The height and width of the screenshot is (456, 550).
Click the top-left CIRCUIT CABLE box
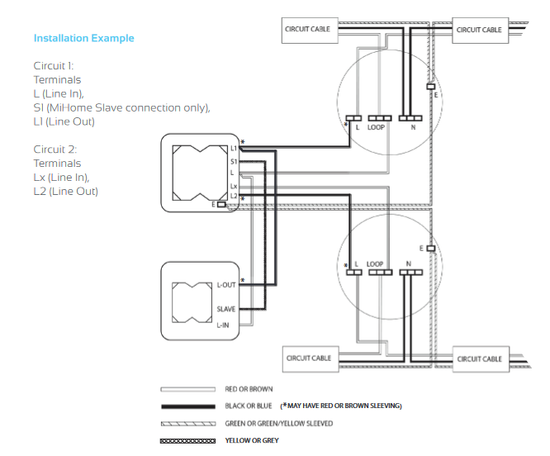(307, 29)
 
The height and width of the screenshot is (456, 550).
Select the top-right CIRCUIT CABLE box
(479, 30)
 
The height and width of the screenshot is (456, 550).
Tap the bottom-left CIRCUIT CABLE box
(309, 358)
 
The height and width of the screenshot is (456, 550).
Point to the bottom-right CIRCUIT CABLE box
(479, 359)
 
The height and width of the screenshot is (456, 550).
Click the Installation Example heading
(83, 38)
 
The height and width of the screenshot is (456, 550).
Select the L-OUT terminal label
(226, 284)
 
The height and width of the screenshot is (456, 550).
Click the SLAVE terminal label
(226, 309)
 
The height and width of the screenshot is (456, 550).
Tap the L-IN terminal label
(225, 325)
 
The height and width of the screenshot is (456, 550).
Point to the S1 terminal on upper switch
(234, 161)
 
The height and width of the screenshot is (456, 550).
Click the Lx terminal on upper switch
(234, 187)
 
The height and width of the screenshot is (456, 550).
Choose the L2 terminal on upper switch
(234, 196)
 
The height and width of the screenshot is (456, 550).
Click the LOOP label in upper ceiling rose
(376, 128)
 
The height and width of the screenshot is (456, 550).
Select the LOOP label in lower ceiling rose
(374, 264)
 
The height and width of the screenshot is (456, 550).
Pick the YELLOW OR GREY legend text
(252, 440)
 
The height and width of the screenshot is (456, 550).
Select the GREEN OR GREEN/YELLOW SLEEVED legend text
(279, 423)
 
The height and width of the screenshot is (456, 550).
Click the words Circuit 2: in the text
(55, 150)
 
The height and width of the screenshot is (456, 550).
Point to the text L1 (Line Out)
(64, 122)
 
